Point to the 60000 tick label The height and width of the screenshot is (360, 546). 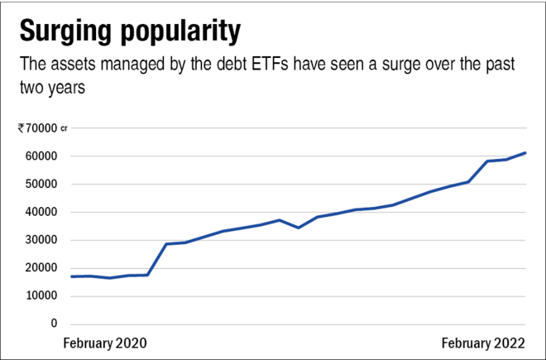click(41, 156)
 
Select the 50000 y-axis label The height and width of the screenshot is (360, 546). click(41, 185)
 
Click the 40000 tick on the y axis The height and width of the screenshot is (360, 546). click(41, 213)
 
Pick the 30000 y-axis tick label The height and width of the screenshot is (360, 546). click(41, 241)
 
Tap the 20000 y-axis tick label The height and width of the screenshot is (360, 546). click(41, 269)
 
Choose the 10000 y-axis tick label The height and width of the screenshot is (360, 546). click(41, 296)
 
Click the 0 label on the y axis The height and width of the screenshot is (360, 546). click(53, 324)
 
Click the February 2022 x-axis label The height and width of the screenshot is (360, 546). click(482, 342)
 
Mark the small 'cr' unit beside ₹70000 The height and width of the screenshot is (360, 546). click(63, 128)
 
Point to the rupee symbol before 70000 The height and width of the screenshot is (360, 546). click(21, 128)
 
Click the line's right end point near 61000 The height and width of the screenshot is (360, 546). click(525, 153)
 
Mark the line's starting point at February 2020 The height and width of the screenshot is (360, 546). click(71, 276)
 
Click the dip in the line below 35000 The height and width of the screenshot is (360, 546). click(299, 228)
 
